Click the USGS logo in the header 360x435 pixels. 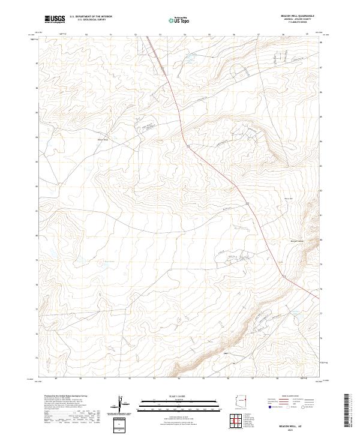(55, 19)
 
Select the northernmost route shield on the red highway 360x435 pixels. (188, 146)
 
